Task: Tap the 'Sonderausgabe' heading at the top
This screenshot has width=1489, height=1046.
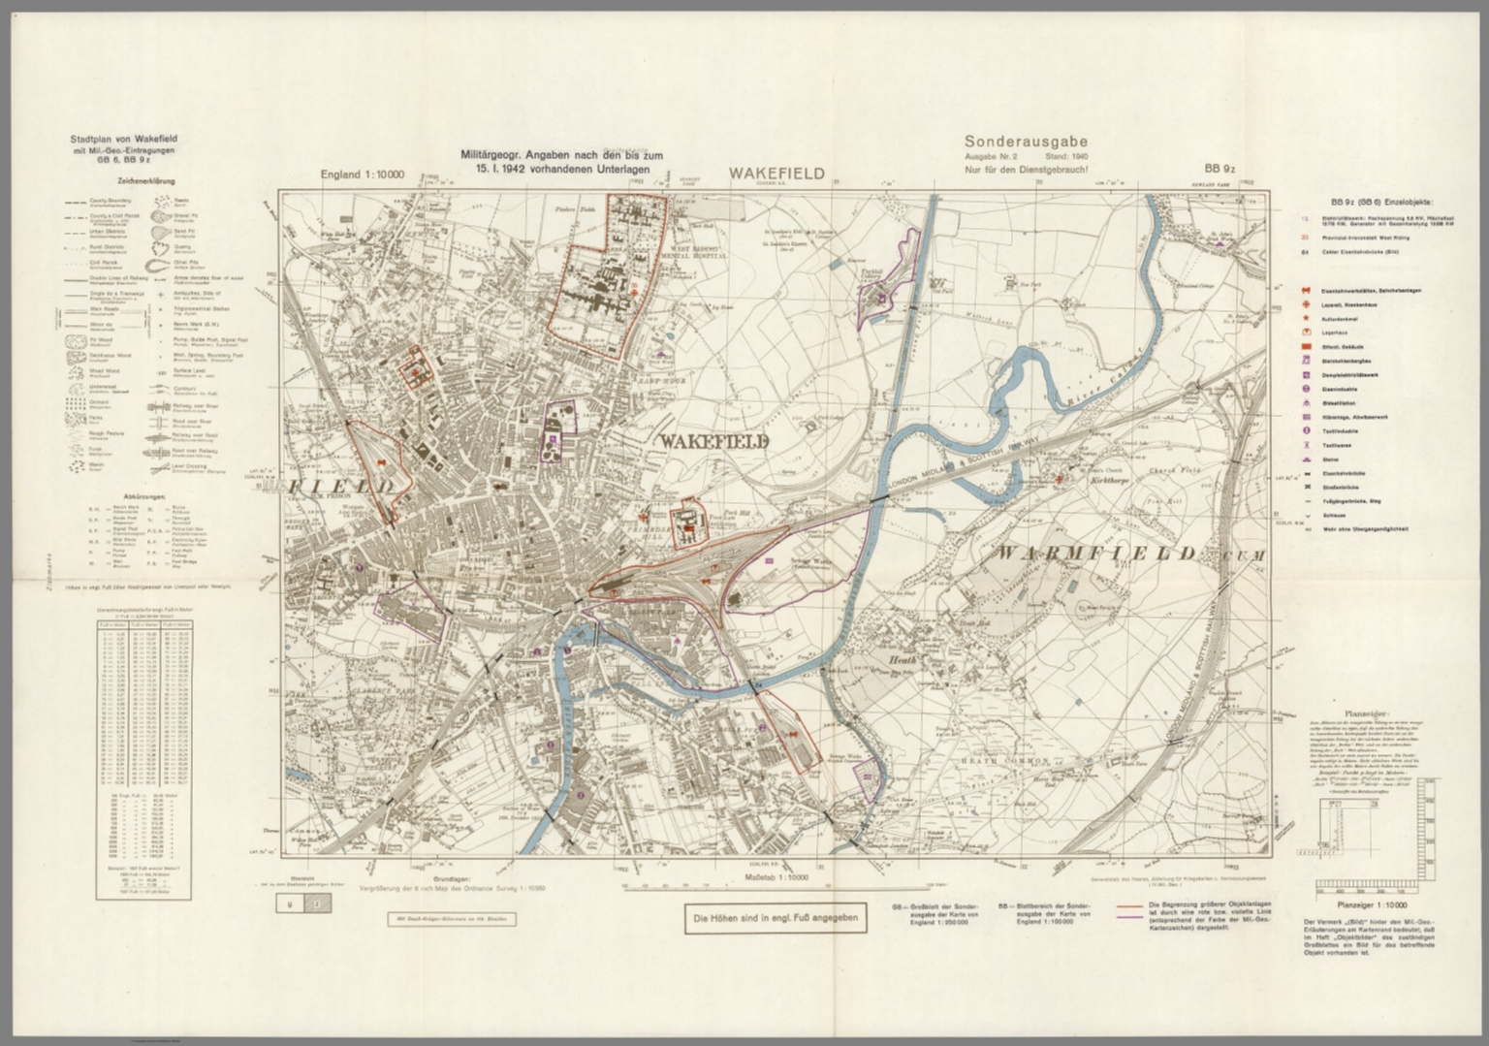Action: [x=1026, y=142]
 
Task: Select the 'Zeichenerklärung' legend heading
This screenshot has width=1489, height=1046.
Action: [x=119, y=181]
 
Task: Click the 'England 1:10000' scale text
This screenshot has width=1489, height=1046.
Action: [x=363, y=175]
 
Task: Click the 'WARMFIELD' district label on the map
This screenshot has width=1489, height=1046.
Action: [x=1096, y=554]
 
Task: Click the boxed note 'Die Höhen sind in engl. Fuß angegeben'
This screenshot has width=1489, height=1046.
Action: [x=776, y=919]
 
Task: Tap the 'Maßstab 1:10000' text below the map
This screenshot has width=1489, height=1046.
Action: [x=776, y=877]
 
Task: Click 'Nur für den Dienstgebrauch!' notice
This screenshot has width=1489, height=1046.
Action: [x=1027, y=171]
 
